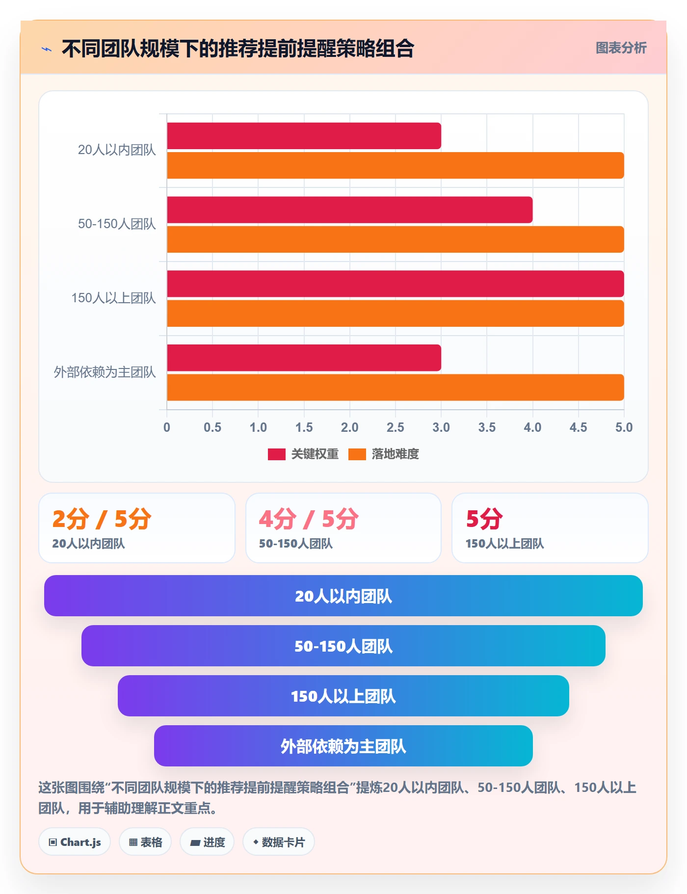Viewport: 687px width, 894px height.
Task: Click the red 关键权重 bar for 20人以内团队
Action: pyautogui.click(x=304, y=136)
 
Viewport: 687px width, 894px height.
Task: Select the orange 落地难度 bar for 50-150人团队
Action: pyautogui.click(x=396, y=239)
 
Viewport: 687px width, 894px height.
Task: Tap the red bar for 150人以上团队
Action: pyautogui.click(x=396, y=284)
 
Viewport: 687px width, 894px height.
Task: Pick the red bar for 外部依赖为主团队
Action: pyautogui.click(x=304, y=358)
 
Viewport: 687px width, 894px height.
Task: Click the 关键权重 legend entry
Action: pyautogui.click(x=303, y=454)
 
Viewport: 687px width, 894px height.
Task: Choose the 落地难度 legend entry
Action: pyautogui.click(x=384, y=454)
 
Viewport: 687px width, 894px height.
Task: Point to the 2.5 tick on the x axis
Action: pyautogui.click(x=396, y=427)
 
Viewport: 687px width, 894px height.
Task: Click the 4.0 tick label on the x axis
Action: pyautogui.click(x=532, y=427)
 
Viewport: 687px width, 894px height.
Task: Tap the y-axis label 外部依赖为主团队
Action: pyautogui.click(x=105, y=372)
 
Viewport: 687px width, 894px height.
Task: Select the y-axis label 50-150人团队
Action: pyautogui.click(x=117, y=224)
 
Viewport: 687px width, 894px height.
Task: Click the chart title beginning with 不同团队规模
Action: pyautogui.click(x=238, y=49)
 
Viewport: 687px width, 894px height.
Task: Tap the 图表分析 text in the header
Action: pyautogui.click(x=621, y=48)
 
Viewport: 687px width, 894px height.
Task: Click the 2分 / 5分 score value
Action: pyautogui.click(x=102, y=519)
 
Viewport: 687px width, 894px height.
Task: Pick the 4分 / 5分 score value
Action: pyautogui.click(x=309, y=519)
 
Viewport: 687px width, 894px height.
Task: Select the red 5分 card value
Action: pyautogui.click(x=484, y=519)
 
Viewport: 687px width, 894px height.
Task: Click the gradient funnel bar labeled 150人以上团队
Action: pyautogui.click(x=343, y=696)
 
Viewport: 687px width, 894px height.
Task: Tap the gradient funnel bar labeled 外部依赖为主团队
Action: pyautogui.click(x=343, y=746)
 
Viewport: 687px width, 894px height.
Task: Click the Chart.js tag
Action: pyautogui.click(x=75, y=842)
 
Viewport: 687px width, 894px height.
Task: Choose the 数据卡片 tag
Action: pyautogui.click(x=279, y=842)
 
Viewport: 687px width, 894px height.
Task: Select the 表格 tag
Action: pyautogui.click(x=145, y=842)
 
